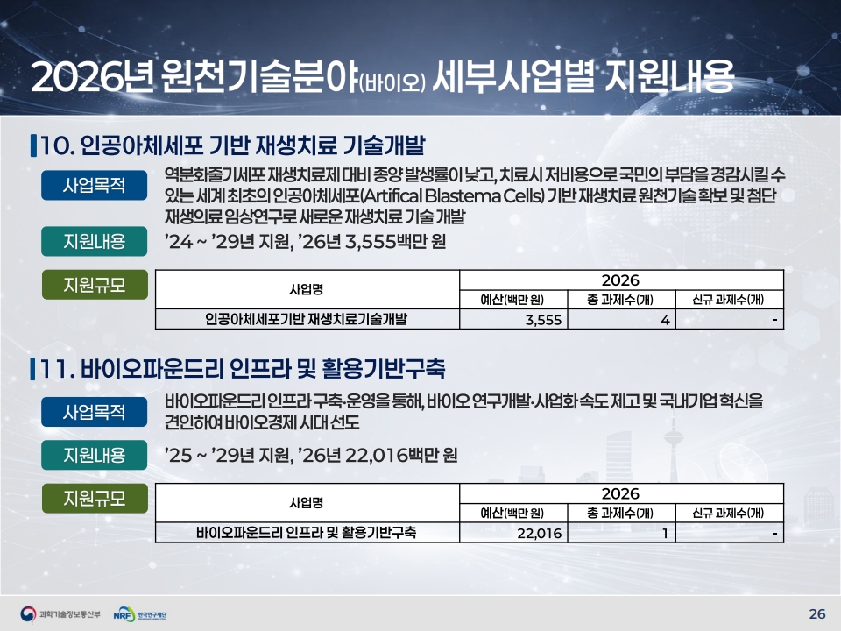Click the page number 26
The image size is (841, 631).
816,613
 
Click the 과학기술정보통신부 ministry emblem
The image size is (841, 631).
28,613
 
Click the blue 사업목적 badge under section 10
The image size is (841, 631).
95,185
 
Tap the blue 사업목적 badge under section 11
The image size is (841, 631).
95,412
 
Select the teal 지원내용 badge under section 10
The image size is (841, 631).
95,242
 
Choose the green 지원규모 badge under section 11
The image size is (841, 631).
95,499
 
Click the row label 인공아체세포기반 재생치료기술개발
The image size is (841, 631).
307,319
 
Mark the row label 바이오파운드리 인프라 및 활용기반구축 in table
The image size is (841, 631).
307,533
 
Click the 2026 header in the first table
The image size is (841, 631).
620,280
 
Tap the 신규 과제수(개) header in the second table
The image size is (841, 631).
728,513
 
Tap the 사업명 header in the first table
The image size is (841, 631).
307,289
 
